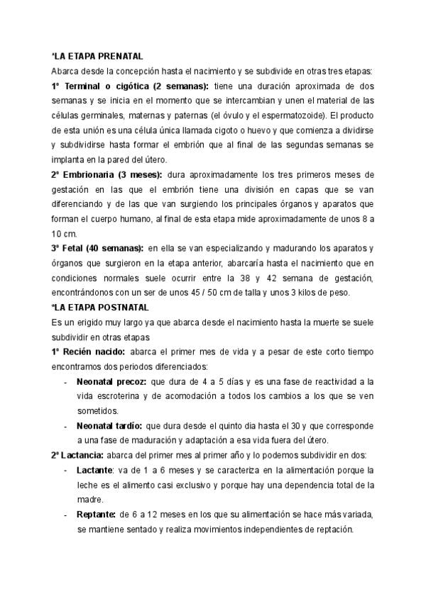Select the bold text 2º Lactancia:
pyautogui.click(x=80, y=455)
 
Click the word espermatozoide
pyautogui.click(x=290, y=116)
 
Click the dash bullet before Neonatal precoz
pyautogui.click(x=65, y=382)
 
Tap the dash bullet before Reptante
pyautogui.click(x=65, y=514)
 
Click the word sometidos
pyautogui.click(x=98, y=411)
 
